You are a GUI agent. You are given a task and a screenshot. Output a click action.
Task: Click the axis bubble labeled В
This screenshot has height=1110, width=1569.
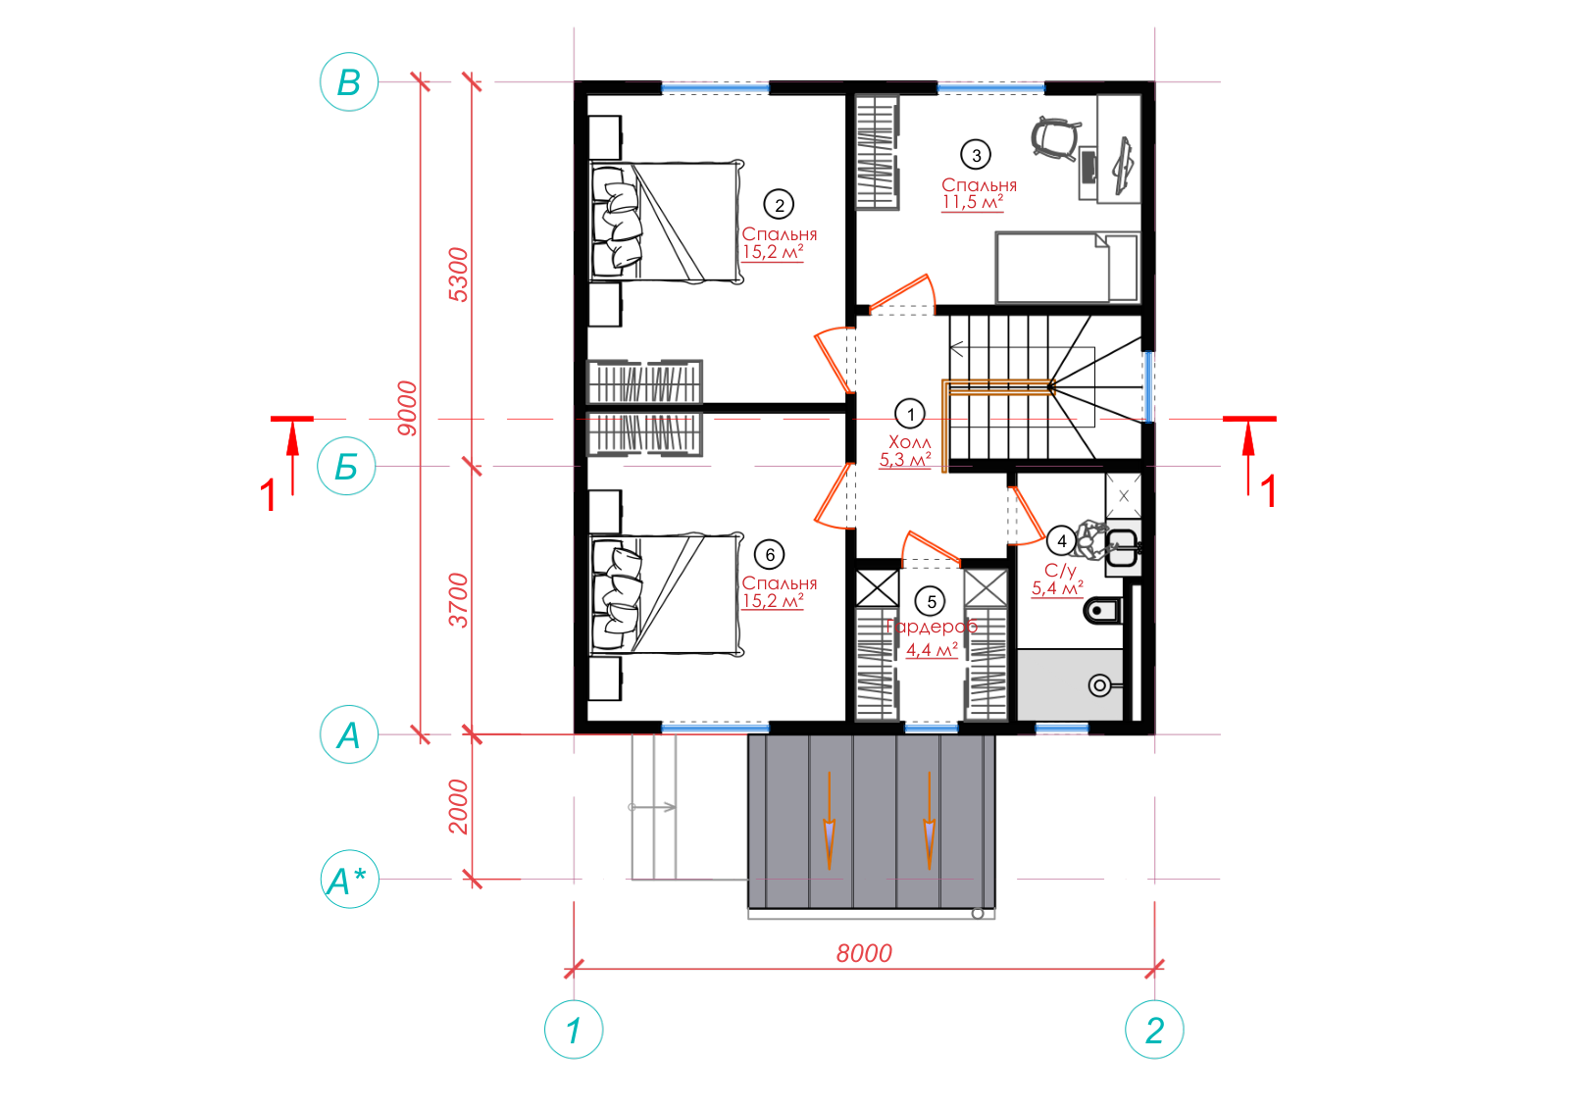[x=349, y=82]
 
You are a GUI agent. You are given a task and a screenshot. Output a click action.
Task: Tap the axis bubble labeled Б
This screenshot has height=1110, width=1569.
[x=346, y=467]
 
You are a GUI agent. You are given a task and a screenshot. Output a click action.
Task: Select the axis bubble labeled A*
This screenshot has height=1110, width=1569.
[x=349, y=880]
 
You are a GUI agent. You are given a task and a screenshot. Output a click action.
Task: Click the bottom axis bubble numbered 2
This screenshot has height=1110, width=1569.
[x=1154, y=1030]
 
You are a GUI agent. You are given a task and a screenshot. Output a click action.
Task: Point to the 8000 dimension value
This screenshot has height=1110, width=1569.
[x=864, y=953]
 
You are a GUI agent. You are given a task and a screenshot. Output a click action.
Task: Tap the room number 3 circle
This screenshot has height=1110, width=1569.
[x=976, y=155]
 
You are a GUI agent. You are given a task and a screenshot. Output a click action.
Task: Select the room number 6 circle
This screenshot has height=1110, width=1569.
[x=769, y=555]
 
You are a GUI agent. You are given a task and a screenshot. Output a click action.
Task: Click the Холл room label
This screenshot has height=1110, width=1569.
[x=909, y=442]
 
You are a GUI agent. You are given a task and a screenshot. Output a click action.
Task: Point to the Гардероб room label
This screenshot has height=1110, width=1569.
[x=931, y=626]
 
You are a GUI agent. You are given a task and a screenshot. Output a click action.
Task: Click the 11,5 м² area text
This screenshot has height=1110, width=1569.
[x=972, y=202]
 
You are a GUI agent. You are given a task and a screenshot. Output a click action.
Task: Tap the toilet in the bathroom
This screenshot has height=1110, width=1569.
[x=1102, y=611]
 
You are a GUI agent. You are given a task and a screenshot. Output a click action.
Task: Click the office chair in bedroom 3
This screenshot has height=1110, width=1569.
[x=1055, y=138]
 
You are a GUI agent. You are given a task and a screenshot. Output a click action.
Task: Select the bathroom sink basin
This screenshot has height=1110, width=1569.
[x=1122, y=548]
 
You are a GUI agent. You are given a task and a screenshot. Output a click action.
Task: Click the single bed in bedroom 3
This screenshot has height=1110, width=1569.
[x=1068, y=269]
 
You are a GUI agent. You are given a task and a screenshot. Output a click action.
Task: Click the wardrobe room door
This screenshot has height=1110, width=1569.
[x=932, y=548]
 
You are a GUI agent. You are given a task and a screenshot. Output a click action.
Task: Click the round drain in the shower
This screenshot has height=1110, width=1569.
[x=1099, y=684]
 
